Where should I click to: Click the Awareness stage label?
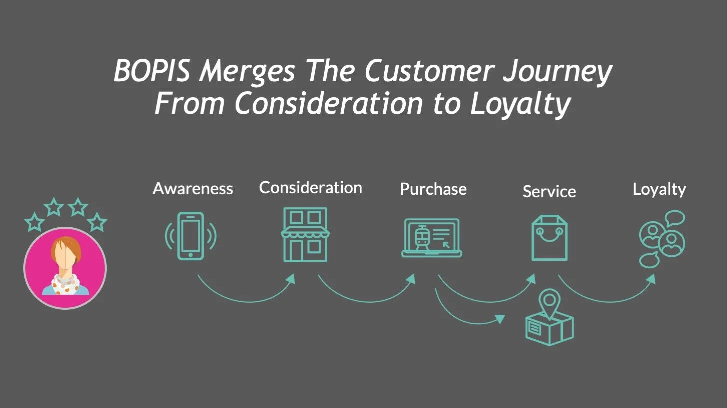pos(193,188)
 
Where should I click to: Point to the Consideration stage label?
pos(310,188)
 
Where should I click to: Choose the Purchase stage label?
pos(433,189)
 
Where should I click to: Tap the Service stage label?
pos(549,191)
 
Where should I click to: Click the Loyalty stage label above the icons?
pos(659,189)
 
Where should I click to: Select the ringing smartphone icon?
pos(191,236)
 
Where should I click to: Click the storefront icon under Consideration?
pos(305,235)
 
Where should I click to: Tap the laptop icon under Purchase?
pos(432,238)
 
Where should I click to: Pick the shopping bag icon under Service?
pos(549,238)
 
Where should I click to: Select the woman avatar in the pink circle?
pos(65,268)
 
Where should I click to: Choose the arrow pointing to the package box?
pos(465,319)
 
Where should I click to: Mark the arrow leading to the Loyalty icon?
pos(607,298)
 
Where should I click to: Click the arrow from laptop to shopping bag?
pos(485,298)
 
